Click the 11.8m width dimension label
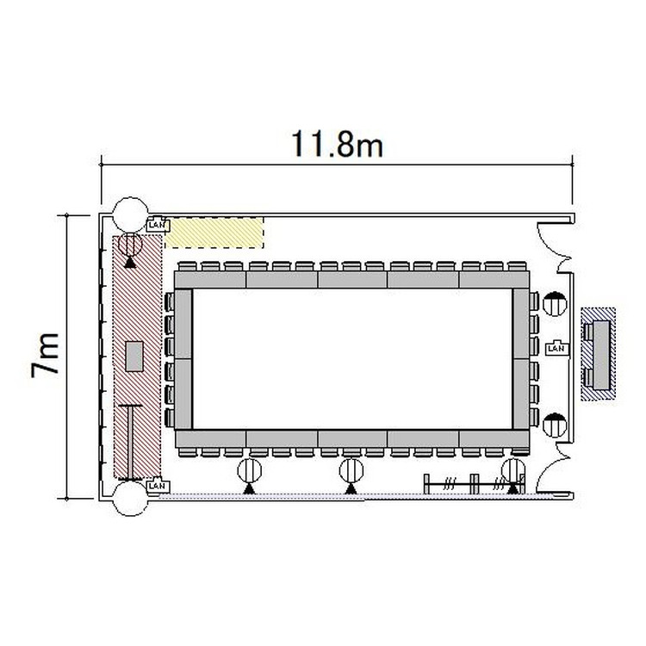click(338, 144)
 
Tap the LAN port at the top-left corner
click(158, 225)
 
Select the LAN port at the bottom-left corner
click(157, 485)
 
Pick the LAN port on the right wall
click(556, 349)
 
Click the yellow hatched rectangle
click(214, 233)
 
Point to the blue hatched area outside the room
click(598, 354)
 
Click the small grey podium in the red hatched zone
click(134, 357)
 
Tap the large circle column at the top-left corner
click(131, 214)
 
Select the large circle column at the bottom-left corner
click(131, 499)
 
